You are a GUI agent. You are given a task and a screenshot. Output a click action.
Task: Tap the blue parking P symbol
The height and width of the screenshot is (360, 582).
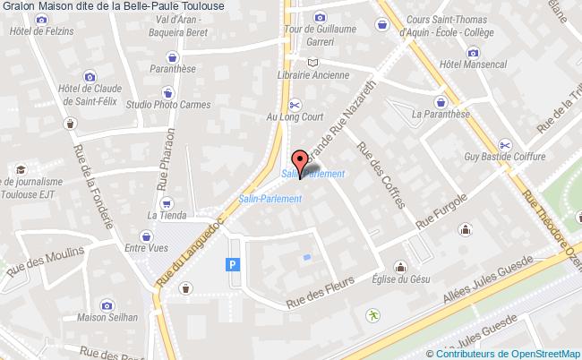pyautogui.click(x=234, y=264)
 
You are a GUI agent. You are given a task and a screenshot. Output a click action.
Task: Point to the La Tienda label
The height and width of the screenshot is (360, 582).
pyautogui.click(x=165, y=215)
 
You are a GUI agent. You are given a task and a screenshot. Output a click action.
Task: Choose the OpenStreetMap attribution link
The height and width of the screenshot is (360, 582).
pyautogui.click(x=544, y=353)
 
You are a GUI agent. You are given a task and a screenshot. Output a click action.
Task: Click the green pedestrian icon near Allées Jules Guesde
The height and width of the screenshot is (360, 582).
pyautogui.click(x=372, y=315)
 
